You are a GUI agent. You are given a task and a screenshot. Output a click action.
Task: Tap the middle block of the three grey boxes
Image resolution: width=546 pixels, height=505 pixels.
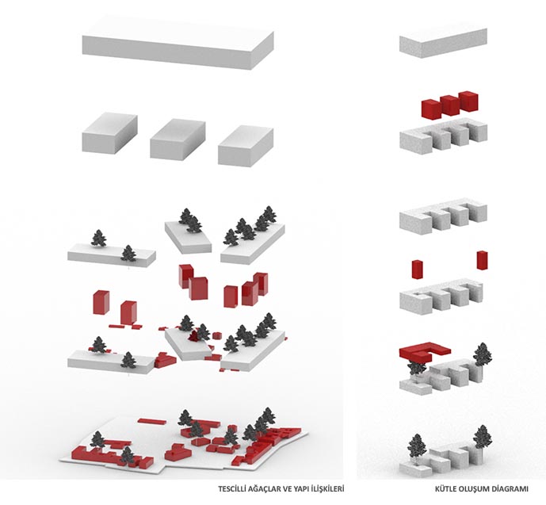click(178, 140)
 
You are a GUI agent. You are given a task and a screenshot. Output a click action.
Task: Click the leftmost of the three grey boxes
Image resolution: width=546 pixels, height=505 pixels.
click(109, 132)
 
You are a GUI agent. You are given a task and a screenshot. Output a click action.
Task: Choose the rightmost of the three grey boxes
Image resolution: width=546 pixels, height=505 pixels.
click(246, 147)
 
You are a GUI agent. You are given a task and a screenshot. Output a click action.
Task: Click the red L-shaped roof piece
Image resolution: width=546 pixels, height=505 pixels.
click(425, 353)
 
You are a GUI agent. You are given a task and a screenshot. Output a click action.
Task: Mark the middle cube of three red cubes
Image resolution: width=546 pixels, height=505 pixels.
click(449, 105)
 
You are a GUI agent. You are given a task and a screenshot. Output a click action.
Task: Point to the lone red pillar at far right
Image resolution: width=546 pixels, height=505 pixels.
click(483, 260)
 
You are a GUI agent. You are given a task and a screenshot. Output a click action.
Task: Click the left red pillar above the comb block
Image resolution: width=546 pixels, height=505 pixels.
click(417, 270)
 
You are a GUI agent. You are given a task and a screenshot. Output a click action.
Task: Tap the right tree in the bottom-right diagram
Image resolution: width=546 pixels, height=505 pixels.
click(483, 437)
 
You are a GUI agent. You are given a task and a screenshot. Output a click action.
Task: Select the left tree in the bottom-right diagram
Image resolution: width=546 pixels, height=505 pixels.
click(417, 446)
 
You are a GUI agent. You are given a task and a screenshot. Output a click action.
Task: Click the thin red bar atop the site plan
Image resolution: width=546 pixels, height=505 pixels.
click(151, 421)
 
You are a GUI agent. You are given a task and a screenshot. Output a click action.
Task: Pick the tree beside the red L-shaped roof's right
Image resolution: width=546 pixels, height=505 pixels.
click(483, 354)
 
